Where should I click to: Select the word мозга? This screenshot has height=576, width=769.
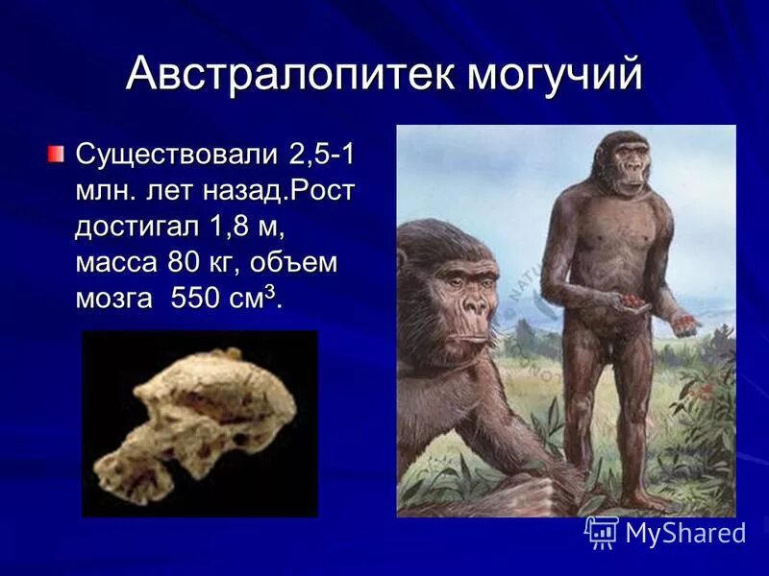coord(113,299)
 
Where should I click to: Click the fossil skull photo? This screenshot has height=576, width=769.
coord(199,423)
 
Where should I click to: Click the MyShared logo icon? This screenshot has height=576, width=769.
coord(602,531)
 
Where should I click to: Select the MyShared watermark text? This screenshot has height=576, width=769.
coord(685,533)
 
